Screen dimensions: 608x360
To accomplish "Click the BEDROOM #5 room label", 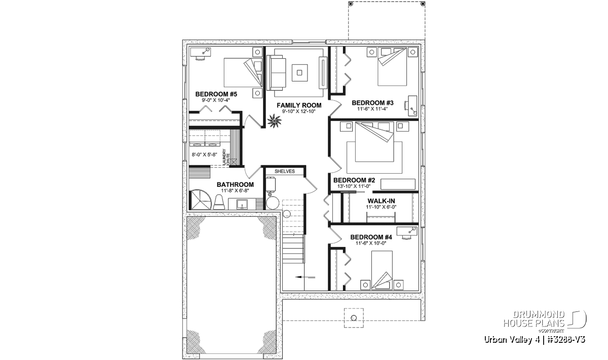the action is [216, 94].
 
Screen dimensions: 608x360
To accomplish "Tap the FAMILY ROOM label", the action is [299, 105].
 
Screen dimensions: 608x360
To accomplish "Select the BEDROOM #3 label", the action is [373, 103].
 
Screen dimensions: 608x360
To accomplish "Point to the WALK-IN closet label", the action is [381, 201].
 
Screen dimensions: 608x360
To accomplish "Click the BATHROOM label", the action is [235, 184].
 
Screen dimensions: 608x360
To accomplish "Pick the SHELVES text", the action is [284, 172].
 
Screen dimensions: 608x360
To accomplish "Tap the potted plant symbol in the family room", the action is [275, 122].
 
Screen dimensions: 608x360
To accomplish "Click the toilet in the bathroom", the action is [219, 202].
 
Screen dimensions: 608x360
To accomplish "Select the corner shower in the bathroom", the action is [200, 199].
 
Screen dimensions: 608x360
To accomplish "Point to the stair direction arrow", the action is [305, 277].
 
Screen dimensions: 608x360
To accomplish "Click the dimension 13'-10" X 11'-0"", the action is [354, 186].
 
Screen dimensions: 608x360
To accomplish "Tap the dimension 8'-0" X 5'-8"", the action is [204, 154].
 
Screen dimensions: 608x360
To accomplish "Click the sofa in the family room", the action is [277, 73].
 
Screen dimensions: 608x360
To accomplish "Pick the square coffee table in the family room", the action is [299, 72].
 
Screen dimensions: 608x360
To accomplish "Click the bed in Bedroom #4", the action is [382, 270].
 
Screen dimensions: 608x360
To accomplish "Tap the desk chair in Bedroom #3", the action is [406, 105].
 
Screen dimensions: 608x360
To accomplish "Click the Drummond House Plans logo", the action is [545, 322].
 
